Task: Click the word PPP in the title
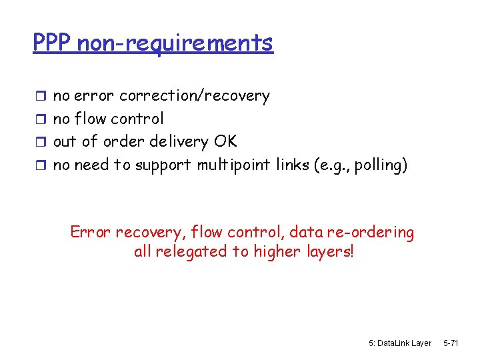[53, 43]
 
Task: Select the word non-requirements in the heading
[175, 43]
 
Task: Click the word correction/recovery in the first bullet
[194, 96]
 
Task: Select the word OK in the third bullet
[225, 141]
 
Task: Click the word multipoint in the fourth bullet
[234, 165]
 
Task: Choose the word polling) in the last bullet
[381, 165]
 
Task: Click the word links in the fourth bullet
[293, 165]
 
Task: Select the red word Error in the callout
[91, 233]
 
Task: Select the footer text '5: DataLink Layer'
[399, 343]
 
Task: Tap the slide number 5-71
[451, 343]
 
